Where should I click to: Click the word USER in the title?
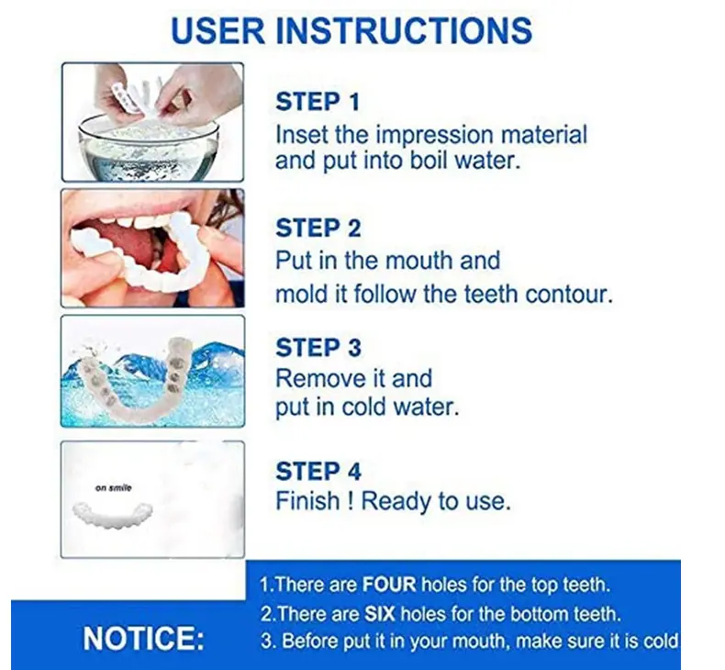tap(217, 30)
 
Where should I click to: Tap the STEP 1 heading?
tap(318, 102)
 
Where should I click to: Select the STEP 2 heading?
tap(318, 228)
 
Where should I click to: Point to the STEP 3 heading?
tap(318, 348)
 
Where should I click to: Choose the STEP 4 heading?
tap(318, 471)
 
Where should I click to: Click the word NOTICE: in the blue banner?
tap(143, 638)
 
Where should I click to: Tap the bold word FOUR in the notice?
tap(389, 585)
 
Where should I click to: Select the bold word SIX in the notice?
tap(380, 614)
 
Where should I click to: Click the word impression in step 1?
tap(435, 136)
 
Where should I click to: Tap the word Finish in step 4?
tap(307, 501)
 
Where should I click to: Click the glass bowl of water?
tap(149, 148)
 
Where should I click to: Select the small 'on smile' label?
tap(113, 488)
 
